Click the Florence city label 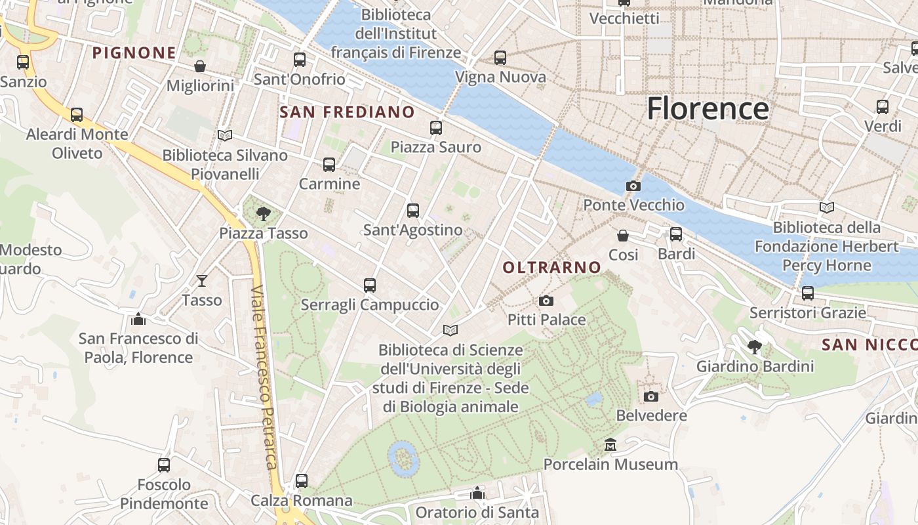pos(708,108)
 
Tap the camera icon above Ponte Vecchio pos(633,186)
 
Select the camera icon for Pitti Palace pos(546,301)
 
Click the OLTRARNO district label pos(551,267)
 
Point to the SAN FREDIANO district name pos(348,112)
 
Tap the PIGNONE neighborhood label pos(134,53)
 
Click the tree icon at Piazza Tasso pos(264,213)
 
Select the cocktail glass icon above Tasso pos(201,281)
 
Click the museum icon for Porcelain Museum pos(610,445)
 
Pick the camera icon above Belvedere pos(650,396)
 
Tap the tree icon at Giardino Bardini pos(755,346)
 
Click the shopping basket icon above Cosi pos(623,235)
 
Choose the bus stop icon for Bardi pos(676,234)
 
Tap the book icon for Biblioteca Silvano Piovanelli pos(225,136)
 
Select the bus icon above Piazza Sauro pos(436,128)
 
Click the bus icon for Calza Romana pos(302,481)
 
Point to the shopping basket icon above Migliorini pos(200,66)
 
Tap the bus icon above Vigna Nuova pos(500,58)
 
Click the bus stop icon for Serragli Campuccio pos(370,285)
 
